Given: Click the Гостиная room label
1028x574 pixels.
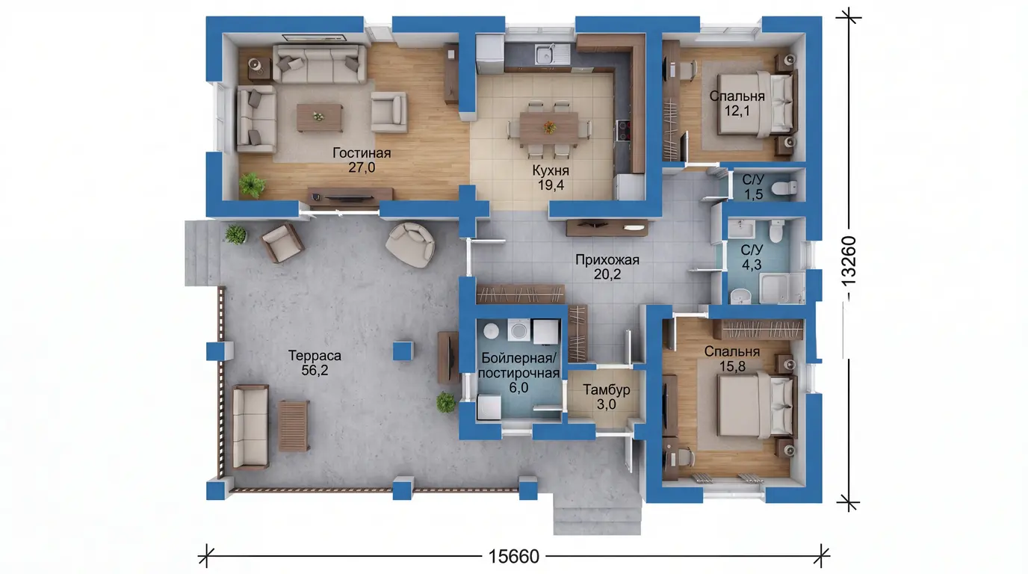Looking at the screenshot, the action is [x=362, y=160].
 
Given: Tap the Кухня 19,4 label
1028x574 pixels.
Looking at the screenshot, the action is [x=551, y=178].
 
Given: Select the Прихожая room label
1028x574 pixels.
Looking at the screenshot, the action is [x=607, y=267].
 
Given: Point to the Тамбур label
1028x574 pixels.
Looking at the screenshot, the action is [x=606, y=397].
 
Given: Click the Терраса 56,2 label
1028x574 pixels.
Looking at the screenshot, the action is [x=315, y=362].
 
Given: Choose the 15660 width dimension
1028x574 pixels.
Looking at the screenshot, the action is [x=513, y=557].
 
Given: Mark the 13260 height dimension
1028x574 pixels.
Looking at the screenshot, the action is [x=849, y=262].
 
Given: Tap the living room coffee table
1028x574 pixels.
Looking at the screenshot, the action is [x=320, y=117].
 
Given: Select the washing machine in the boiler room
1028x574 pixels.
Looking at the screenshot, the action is [x=518, y=330].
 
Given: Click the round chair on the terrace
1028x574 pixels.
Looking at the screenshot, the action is [x=410, y=244].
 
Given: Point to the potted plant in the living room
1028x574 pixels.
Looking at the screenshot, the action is [x=252, y=185].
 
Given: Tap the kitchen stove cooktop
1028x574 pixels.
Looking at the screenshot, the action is [x=623, y=130].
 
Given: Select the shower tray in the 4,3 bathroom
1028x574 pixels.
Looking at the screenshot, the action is [x=781, y=288].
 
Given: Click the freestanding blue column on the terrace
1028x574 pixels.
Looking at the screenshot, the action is [x=403, y=351].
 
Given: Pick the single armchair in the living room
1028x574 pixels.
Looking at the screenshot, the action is [x=388, y=112].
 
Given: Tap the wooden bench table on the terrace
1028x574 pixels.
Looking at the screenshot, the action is [x=294, y=426].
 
